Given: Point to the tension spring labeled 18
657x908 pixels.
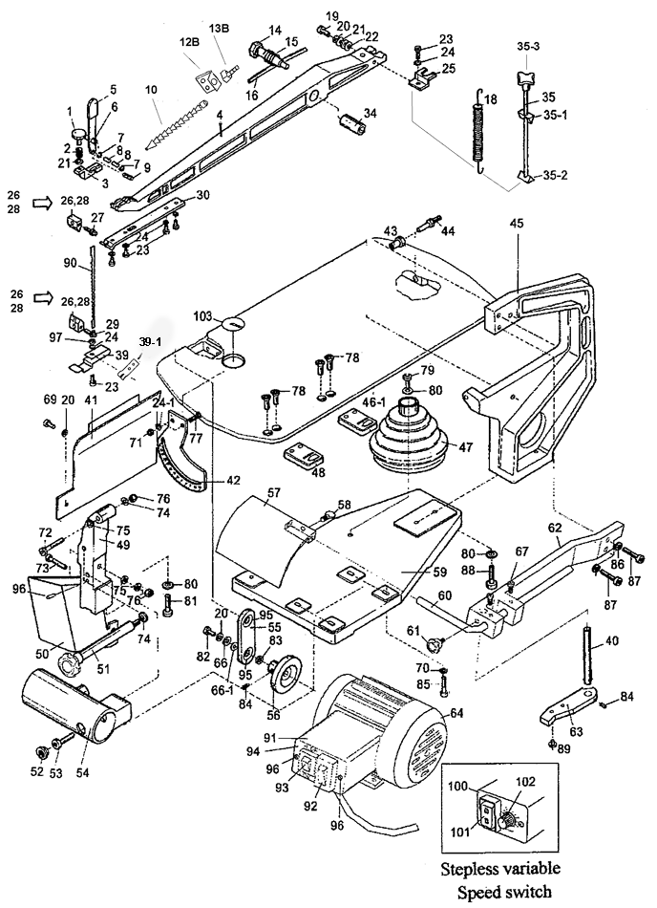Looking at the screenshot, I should point(478,129).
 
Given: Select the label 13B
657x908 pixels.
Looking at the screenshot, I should point(220,28).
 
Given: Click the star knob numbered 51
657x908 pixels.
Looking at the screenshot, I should point(73,662).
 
